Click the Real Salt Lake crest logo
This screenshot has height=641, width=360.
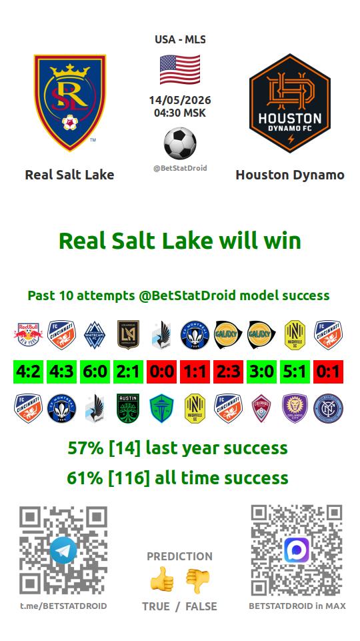[x=70, y=102]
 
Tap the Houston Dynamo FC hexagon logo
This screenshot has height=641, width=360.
[x=290, y=103]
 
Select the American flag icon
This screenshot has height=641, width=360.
[x=180, y=69]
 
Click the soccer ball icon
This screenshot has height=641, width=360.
[x=180, y=143]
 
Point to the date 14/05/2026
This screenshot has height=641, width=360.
[x=180, y=100]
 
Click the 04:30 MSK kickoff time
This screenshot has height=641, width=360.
[x=180, y=113]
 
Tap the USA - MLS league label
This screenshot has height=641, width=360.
[x=180, y=39]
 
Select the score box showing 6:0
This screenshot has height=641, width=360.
[x=95, y=372]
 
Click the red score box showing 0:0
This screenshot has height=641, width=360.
[x=162, y=372]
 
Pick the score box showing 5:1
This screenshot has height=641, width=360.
[x=295, y=372]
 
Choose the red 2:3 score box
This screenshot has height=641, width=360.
[x=229, y=372]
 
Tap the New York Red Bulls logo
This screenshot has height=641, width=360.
[x=28, y=335]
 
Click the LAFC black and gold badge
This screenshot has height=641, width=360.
[x=128, y=335]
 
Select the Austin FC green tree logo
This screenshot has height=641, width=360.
[x=128, y=408]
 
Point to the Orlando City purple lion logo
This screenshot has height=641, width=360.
[x=295, y=408]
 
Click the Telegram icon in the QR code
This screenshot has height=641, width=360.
[x=63, y=550]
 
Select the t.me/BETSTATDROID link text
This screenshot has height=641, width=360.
[x=63, y=606]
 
